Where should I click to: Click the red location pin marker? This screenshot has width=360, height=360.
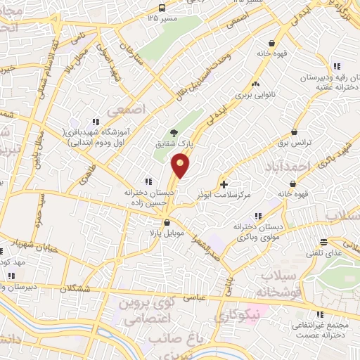click(x=181, y=166)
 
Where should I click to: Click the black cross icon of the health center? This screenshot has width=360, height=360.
click(x=224, y=185)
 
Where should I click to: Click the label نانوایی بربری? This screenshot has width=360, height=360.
click(x=257, y=92)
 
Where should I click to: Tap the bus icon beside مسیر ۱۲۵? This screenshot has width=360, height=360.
click(x=162, y=8)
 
